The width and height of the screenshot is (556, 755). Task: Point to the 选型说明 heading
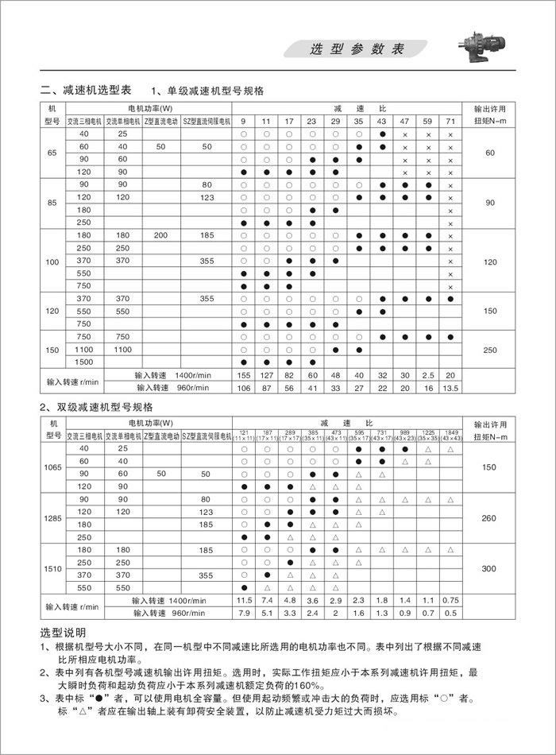coord(62,633)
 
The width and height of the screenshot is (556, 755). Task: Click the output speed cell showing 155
coord(245,375)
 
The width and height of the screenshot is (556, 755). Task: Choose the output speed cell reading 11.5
coord(245,600)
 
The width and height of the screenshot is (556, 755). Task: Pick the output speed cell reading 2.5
coord(428,375)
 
